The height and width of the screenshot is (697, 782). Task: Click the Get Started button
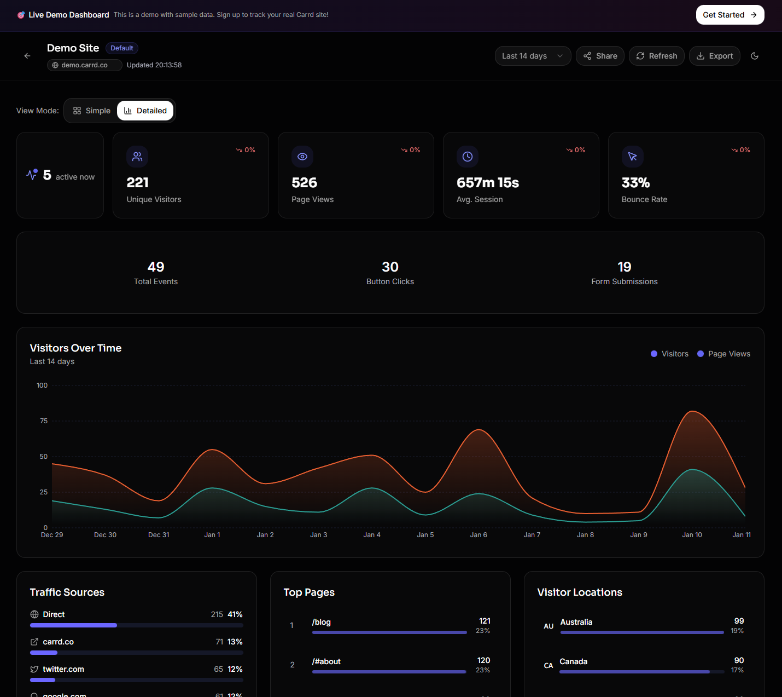tap(730, 15)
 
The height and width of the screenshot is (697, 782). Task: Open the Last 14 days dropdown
tap(533, 56)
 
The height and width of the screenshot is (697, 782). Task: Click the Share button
tap(600, 56)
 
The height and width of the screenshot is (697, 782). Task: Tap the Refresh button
tap(656, 56)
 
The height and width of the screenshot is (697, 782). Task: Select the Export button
tap(714, 56)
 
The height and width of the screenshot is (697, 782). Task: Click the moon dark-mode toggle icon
tap(755, 56)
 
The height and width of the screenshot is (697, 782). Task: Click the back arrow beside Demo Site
tap(27, 56)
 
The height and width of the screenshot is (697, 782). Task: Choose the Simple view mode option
tap(92, 111)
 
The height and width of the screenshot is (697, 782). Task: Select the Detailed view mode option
tap(145, 111)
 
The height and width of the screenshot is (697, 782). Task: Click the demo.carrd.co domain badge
tap(84, 65)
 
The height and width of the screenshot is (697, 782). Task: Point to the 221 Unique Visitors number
tap(138, 183)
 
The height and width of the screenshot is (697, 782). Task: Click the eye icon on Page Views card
tap(302, 157)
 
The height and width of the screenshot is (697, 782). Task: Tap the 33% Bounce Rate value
tap(635, 183)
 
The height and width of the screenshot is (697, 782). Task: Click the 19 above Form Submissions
tap(624, 267)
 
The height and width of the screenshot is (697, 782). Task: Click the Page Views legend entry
tap(723, 354)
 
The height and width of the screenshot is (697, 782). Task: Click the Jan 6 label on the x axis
tap(478, 535)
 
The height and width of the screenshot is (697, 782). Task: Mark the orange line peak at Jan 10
tap(692, 411)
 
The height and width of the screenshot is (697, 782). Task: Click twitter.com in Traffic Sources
tap(63, 669)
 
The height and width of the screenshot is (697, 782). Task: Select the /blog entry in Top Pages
tap(322, 622)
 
